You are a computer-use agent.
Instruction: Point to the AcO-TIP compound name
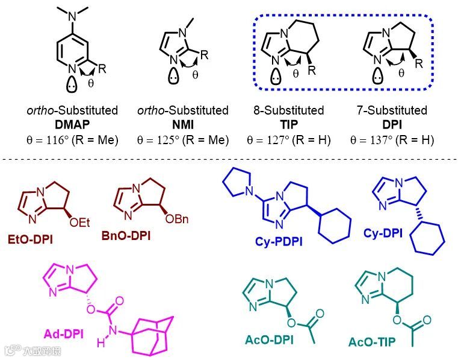pos(372,342)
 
